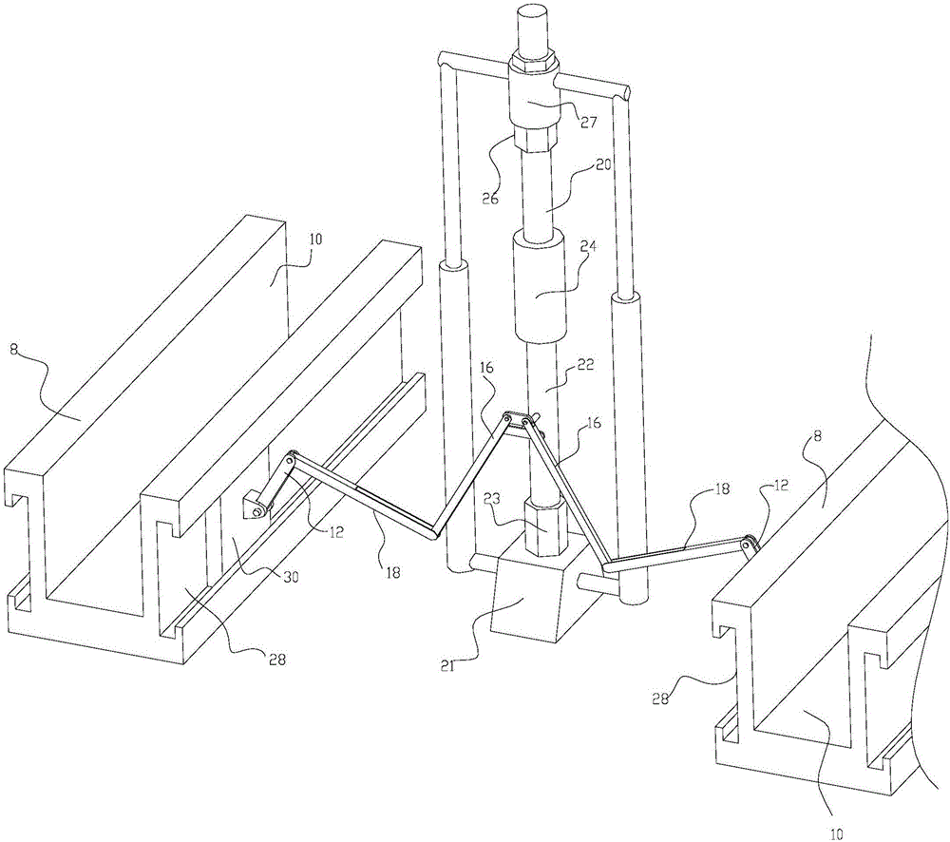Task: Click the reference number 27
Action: (x=587, y=122)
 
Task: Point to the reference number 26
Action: (x=490, y=199)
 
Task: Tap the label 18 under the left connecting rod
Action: (x=392, y=571)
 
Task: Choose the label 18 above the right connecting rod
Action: (x=723, y=489)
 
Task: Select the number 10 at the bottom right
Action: (x=836, y=832)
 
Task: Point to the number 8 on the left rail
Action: (x=12, y=349)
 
